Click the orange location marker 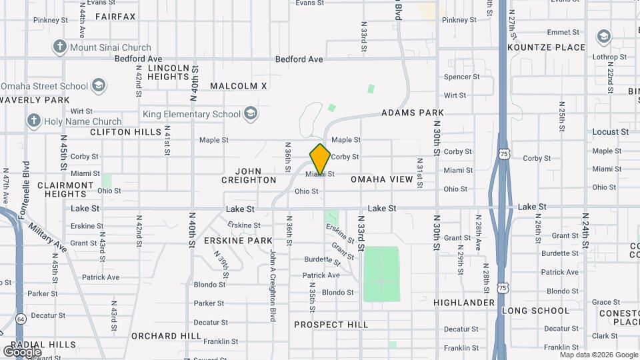320,159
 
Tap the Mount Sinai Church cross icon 60,47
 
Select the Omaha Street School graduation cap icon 98,85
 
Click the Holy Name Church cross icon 34,121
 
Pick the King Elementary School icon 251,114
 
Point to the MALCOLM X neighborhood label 238,86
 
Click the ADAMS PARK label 413,113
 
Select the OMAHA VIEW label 382,179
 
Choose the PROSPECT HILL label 331,325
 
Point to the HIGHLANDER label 464,303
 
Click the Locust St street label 610,132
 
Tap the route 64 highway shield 21,318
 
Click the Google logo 22,351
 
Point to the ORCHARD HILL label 157,335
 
